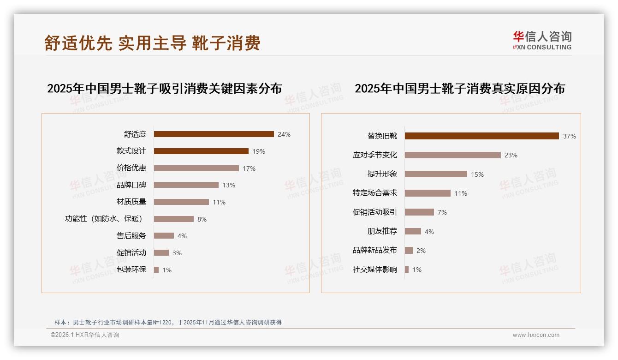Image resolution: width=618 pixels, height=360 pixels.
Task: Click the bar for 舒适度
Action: click(214, 134)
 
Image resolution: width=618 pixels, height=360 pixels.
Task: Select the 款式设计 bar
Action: click(201, 151)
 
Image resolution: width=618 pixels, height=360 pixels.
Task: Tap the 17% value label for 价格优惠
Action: click(249, 168)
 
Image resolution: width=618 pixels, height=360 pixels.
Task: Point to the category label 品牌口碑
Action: click(131, 185)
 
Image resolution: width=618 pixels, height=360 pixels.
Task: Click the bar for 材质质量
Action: click(181, 202)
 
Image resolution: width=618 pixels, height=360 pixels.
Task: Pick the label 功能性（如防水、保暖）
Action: click(104, 219)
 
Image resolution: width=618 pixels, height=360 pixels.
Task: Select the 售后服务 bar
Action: click(164, 236)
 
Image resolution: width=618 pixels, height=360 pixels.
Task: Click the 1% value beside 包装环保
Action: click(166, 270)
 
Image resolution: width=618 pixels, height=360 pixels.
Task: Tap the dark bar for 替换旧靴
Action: click(481, 136)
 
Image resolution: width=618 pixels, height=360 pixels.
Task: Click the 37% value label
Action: click(569, 136)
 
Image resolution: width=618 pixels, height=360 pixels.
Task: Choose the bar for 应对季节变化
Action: click(452, 155)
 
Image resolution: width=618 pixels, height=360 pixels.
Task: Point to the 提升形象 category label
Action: click(382, 174)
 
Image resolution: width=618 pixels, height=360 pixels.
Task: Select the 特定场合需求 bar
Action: click(428, 193)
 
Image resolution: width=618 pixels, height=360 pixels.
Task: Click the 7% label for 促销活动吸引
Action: click(442, 212)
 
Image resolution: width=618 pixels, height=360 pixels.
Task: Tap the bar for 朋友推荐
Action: click(413, 231)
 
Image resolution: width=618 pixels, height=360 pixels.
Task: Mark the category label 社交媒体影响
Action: click(374, 270)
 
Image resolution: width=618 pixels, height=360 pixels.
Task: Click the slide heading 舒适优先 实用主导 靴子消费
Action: click(152, 43)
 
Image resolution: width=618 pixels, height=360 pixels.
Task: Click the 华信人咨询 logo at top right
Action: click(542, 40)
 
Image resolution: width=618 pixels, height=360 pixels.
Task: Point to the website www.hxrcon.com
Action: click(536, 335)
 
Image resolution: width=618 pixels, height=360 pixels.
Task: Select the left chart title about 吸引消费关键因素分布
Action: click(164, 89)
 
